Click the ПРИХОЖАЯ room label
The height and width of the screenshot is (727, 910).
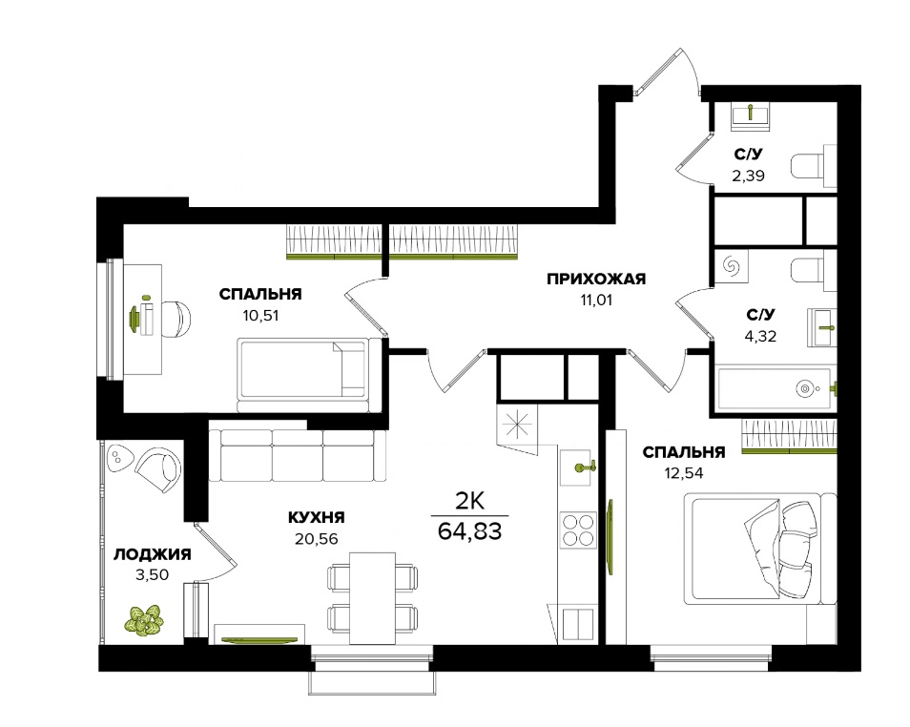pyautogui.click(x=596, y=280)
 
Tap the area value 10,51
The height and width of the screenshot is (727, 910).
pyautogui.click(x=260, y=316)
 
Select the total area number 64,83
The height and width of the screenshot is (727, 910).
pyautogui.click(x=469, y=530)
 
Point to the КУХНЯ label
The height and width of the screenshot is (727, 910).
pyautogui.click(x=317, y=517)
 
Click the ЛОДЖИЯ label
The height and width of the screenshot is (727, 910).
pyautogui.click(x=152, y=554)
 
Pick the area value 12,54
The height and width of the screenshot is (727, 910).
pyautogui.click(x=684, y=473)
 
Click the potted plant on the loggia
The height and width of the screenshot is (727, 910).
pyautogui.click(x=143, y=621)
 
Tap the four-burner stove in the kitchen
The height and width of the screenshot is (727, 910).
pyautogui.click(x=578, y=530)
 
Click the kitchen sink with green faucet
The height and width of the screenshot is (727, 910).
pyautogui.click(x=578, y=467)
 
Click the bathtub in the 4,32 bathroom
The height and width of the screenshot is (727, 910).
pyautogui.click(x=776, y=388)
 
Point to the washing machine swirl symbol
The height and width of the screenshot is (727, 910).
pyautogui.click(x=731, y=266)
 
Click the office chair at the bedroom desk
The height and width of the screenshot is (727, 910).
pyautogui.click(x=176, y=319)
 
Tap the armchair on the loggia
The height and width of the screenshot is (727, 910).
pyautogui.click(x=157, y=469)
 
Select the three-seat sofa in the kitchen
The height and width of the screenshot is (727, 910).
pyautogui.click(x=298, y=455)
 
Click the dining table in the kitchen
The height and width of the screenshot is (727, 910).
pyautogui.click(x=373, y=598)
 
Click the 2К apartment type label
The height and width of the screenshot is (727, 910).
pyautogui.click(x=469, y=501)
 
